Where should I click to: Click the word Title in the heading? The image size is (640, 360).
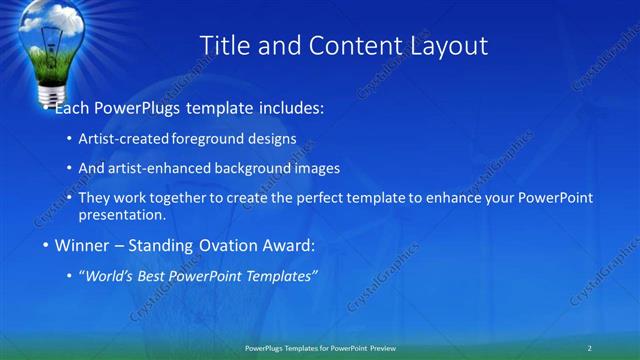pos(224,45)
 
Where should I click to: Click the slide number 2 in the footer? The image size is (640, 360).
pos(589,348)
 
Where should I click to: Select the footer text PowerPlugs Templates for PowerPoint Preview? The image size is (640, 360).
pos(320,348)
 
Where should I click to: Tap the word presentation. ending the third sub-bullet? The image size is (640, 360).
pos(121,215)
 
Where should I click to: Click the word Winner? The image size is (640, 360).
pos(82,245)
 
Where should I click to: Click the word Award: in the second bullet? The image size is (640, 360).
pos(287,245)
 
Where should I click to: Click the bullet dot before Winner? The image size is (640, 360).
pos(45,245)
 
